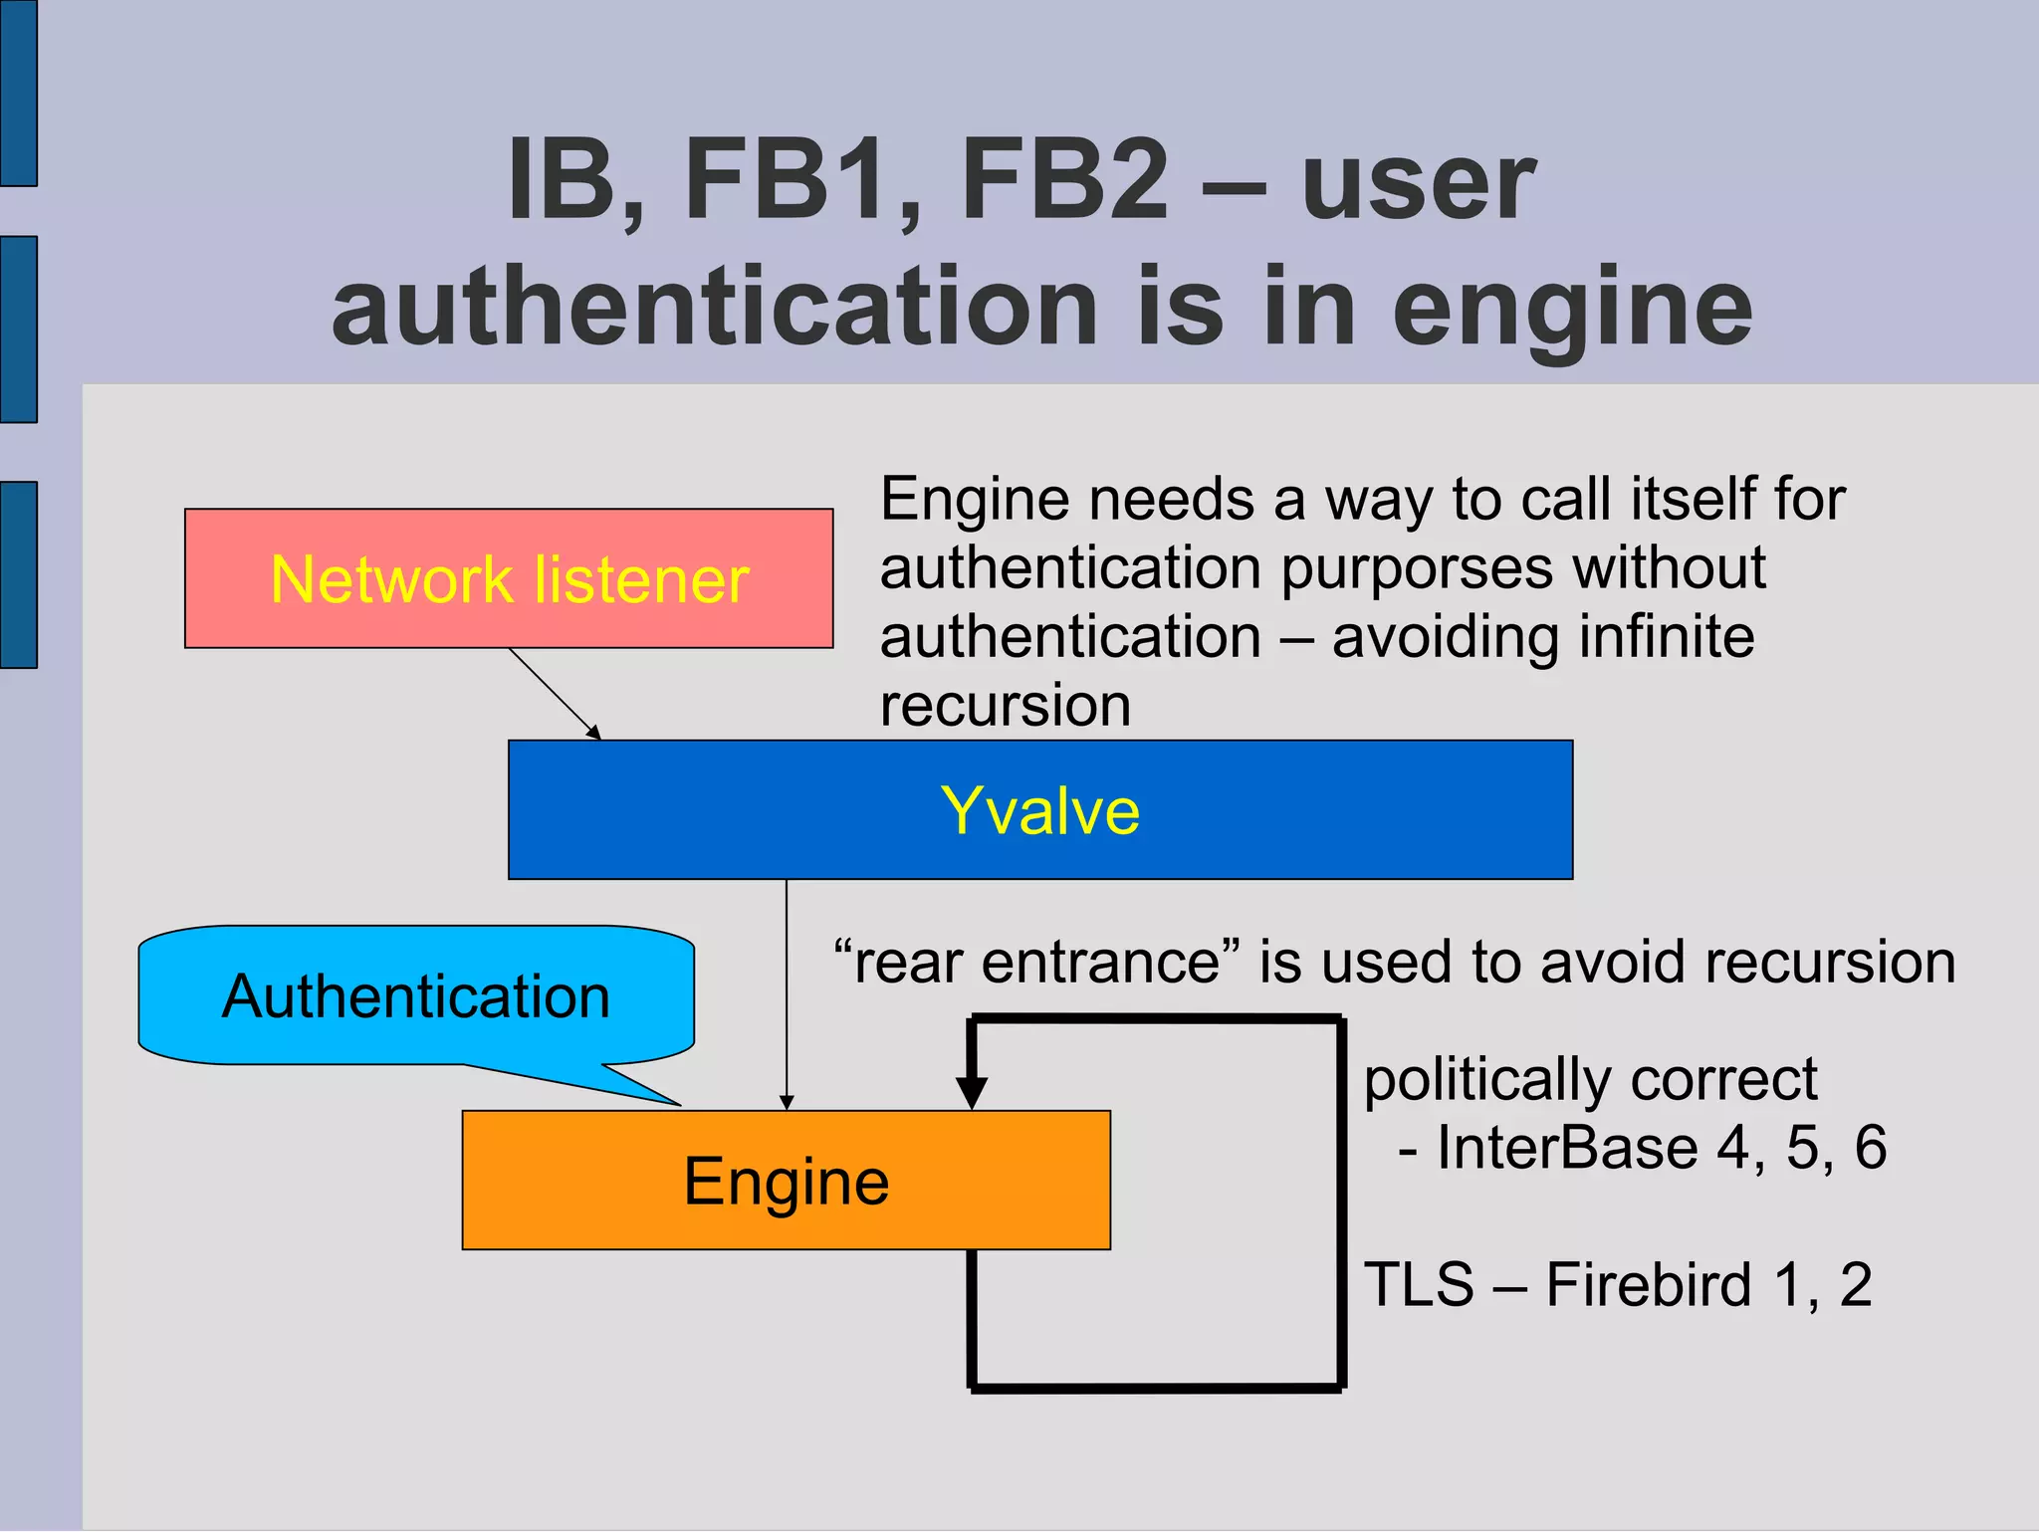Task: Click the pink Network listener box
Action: [x=508, y=578]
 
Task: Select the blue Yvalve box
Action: [x=1039, y=809]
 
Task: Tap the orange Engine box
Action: [x=786, y=1181]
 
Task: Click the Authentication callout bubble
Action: [x=415, y=996]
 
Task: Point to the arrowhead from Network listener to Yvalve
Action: [x=593, y=733]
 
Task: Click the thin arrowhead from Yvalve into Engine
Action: [x=787, y=1102]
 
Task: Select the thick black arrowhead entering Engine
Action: [x=971, y=1092]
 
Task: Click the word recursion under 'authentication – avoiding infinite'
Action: [x=1006, y=706]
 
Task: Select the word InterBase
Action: [x=1566, y=1148]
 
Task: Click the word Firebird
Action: [x=1648, y=1284]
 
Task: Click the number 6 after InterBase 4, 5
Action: [x=1870, y=1148]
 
